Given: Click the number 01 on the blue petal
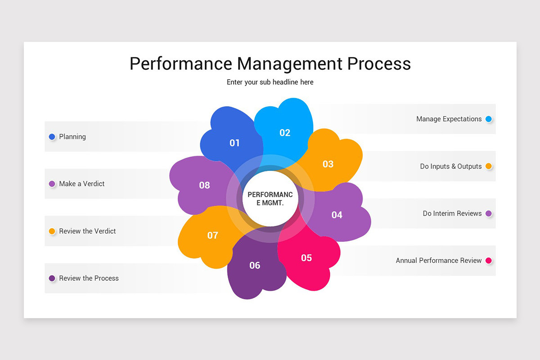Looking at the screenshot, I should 234,143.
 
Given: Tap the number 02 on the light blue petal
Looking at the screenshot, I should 285,133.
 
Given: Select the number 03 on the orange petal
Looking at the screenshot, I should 328,164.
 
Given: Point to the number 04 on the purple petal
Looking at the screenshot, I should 337,215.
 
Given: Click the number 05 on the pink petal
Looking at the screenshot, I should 306,258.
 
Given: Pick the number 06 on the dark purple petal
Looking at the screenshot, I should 255,265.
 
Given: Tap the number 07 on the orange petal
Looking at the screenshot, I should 212,235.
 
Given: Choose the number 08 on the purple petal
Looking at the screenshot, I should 204,185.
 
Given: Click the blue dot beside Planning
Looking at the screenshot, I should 52,136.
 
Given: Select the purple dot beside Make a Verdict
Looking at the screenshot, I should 52,184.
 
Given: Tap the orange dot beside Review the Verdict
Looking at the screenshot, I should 52,231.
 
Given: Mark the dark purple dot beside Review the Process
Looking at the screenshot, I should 52,278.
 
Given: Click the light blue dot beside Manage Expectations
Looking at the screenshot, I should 489,119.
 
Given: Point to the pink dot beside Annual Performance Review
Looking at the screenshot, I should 489,261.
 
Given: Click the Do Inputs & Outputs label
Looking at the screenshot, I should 451,166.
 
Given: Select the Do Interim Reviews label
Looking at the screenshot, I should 452,213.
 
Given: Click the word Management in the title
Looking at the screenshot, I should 290,63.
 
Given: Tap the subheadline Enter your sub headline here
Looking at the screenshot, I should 270,82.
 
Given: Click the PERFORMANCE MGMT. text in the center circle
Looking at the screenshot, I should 270,198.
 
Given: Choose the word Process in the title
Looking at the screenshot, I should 379,63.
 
